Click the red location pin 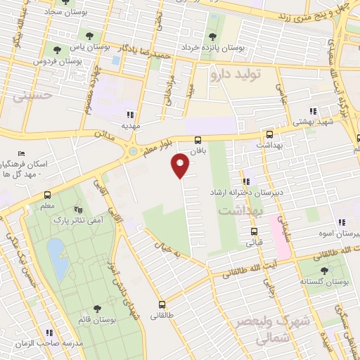[x=181, y=165]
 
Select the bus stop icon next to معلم [x=47, y=195]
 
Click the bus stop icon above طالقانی [x=162, y=304]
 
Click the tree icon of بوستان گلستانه [x=324, y=270]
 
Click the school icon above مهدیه [x=129, y=115]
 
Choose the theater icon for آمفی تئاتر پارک [x=78, y=210]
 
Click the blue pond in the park [x=57, y=257]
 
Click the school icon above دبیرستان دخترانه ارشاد [x=246, y=181]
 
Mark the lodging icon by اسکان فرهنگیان [x=22, y=154]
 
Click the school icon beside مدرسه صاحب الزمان [x=49, y=333]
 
